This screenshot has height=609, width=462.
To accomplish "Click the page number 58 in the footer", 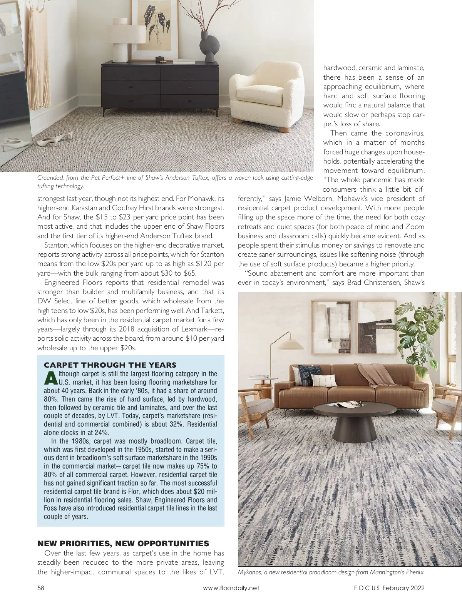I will pyautogui.click(x=41, y=588).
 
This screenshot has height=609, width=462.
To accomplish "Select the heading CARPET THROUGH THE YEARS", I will pyautogui.click(x=110, y=365).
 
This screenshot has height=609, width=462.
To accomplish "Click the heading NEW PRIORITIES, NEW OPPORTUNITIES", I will pyautogui.click(x=123, y=544).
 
